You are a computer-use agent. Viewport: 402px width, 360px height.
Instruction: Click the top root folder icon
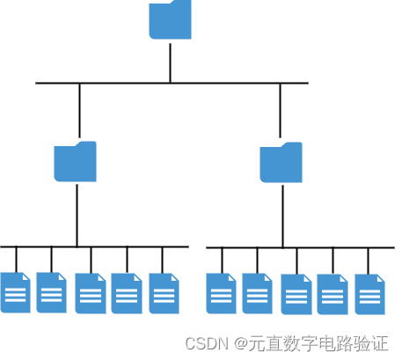(x=170, y=20)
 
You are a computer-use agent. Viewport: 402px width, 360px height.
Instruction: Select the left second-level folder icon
(x=76, y=162)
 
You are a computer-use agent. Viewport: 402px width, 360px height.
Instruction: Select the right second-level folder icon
(x=281, y=164)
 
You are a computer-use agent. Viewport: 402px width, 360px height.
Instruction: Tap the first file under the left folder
(x=16, y=292)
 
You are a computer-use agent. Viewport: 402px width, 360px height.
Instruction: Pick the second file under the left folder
(x=52, y=292)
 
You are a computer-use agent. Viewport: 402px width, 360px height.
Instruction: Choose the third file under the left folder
(x=91, y=293)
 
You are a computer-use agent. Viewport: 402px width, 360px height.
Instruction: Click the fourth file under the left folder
(x=127, y=293)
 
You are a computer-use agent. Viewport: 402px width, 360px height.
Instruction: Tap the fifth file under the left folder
(x=164, y=293)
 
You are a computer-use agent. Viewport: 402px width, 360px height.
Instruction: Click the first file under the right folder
(x=222, y=293)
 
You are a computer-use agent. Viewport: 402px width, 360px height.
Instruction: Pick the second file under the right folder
(x=258, y=293)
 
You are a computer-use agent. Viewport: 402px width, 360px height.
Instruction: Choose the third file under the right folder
(x=296, y=294)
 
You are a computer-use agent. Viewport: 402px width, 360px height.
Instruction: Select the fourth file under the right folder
(x=333, y=294)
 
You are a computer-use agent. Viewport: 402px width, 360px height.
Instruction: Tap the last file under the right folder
(x=370, y=294)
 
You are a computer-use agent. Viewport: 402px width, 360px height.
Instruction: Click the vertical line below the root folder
(x=170, y=61)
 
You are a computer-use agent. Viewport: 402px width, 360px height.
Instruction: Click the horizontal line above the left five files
(x=132, y=246)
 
